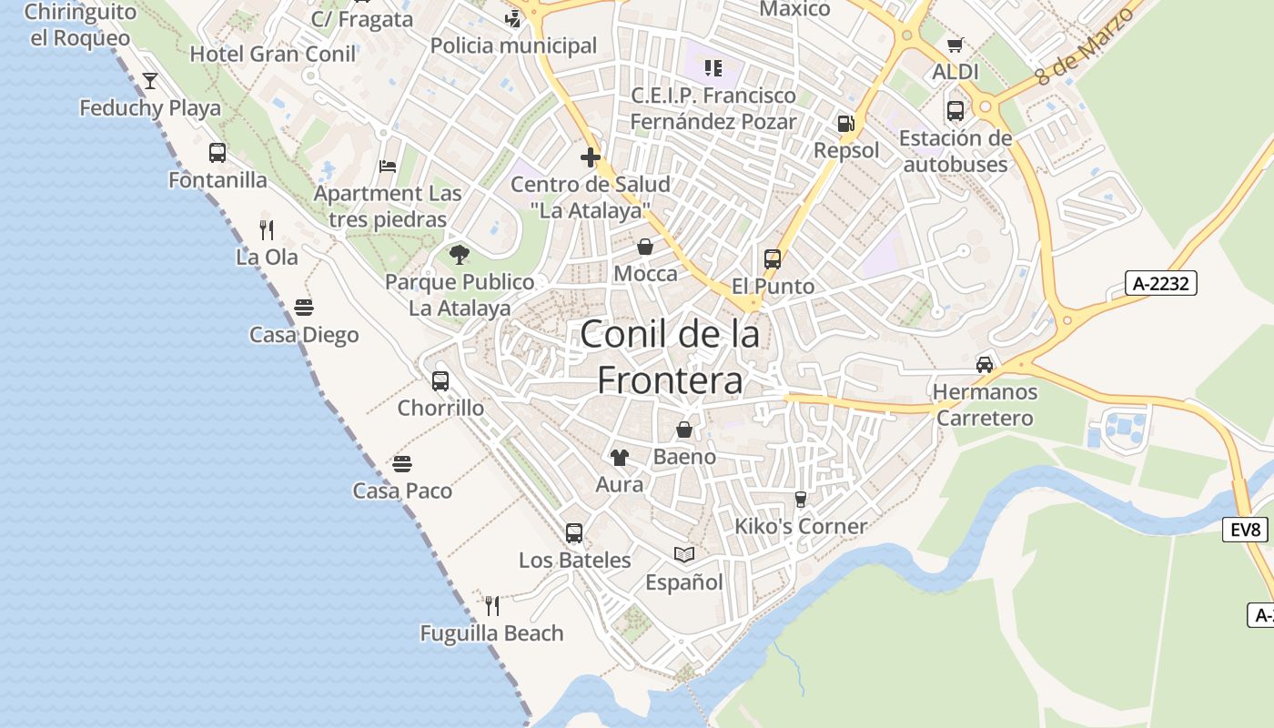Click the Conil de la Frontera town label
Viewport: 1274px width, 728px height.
point(670,357)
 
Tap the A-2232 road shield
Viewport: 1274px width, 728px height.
point(1160,283)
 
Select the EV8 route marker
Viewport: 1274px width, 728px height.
point(1245,530)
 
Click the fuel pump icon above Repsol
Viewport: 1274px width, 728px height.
point(845,124)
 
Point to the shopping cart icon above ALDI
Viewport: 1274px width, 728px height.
point(955,45)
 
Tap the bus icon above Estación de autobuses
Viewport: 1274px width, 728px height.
point(955,111)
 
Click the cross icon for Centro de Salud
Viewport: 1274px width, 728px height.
point(591,157)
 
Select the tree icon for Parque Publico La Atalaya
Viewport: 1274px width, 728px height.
point(460,254)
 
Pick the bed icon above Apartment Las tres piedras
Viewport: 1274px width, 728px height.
point(388,167)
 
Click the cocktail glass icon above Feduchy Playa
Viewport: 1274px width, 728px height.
point(150,81)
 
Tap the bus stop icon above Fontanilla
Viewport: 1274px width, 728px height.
point(217,153)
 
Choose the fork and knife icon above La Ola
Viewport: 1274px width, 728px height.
point(267,229)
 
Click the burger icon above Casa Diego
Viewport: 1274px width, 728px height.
point(304,308)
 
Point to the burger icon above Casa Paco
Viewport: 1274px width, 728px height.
point(402,464)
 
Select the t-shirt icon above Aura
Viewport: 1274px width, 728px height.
point(619,457)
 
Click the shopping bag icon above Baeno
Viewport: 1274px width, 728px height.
point(683,430)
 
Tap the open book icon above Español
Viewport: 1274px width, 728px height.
point(683,554)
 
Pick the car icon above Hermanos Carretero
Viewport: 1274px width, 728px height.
point(984,365)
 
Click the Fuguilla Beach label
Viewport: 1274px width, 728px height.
point(491,633)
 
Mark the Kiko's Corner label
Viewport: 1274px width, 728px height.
point(801,526)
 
